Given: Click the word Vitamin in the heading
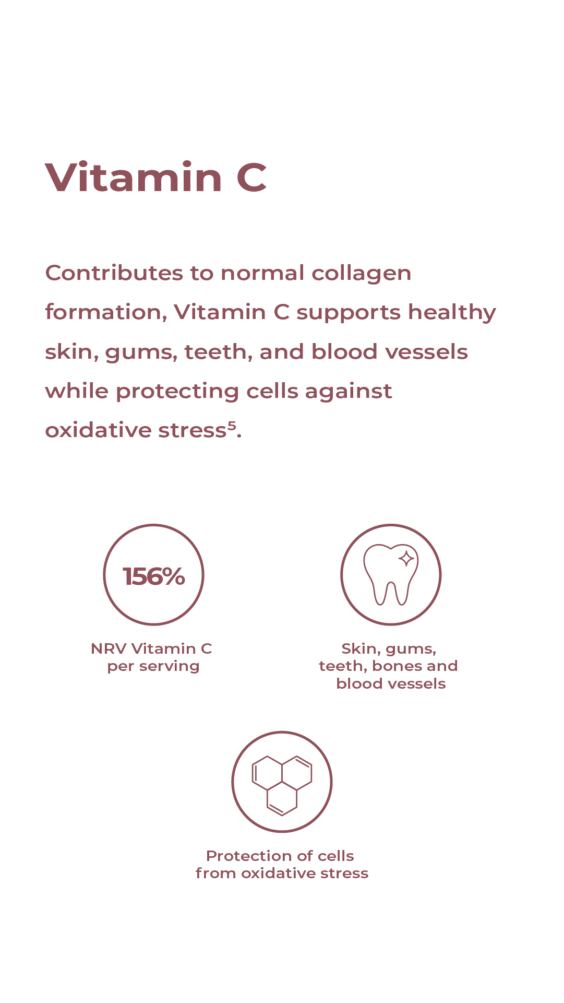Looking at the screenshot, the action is tap(134, 177).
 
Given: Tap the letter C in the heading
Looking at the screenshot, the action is tap(251, 178).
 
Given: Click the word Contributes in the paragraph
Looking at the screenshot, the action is tap(114, 273).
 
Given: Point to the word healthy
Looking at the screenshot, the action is tap(452, 313).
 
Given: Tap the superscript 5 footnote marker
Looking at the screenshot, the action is tap(232, 426).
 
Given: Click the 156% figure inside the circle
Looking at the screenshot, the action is tap(154, 576).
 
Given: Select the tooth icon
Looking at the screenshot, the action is tap(391, 574).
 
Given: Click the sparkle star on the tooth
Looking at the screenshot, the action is tap(406, 559).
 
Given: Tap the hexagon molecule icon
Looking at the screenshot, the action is tap(282, 785).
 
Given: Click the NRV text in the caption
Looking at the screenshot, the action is tap(109, 648).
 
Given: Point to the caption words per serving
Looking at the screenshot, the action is tap(153, 667).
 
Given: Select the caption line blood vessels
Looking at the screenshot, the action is tap(391, 683).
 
